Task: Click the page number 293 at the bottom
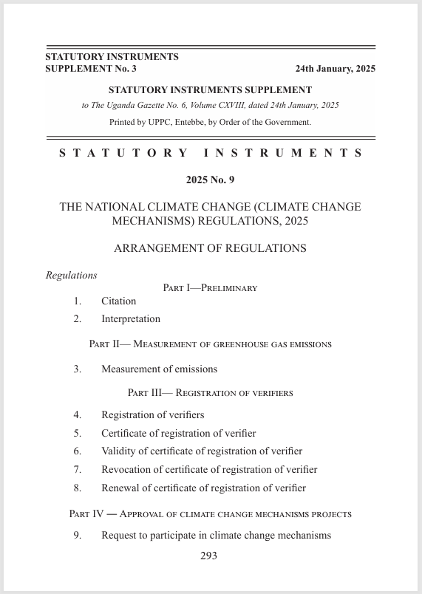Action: point(208,556)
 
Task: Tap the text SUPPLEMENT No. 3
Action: point(91,69)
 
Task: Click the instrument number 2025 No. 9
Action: point(210,180)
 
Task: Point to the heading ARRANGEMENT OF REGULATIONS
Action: point(210,249)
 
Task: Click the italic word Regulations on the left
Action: point(72,276)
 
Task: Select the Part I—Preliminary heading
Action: point(210,288)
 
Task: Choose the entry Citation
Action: point(119,301)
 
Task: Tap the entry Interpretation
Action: point(131,319)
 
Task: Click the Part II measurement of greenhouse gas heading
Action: point(210,344)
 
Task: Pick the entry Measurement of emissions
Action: point(159,369)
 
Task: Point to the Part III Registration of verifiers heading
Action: point(210,393)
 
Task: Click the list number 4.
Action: point(77,415)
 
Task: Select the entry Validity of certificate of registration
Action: point(202,451)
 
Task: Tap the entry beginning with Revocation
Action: point(209,470)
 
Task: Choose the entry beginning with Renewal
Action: point(203,488)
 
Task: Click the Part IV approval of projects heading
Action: point(210,513)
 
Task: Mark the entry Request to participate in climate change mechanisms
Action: point(216,536)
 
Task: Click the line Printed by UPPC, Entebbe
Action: point(210,122)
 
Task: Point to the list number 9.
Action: point(77,536)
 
